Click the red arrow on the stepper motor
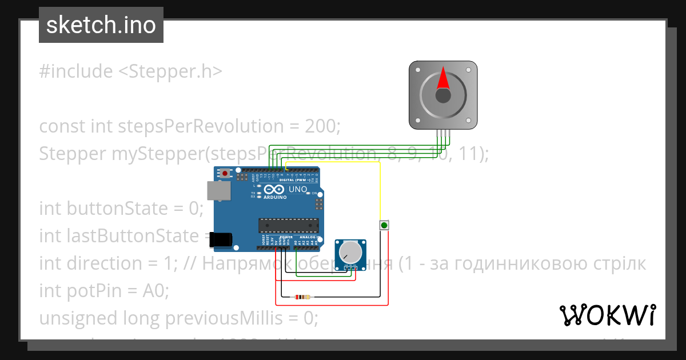click(x=443, y=78)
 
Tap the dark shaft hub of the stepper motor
click(x=443, y=95)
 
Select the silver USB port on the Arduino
click(x=218, y=191)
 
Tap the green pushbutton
click(x=384, y=226)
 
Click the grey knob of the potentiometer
click(x=350, y=251)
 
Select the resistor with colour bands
click(x=301, y=297)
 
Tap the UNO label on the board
click(x=298, y=189)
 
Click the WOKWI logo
click(x=607, y=315)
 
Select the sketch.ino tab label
click(x=101, y=25)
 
